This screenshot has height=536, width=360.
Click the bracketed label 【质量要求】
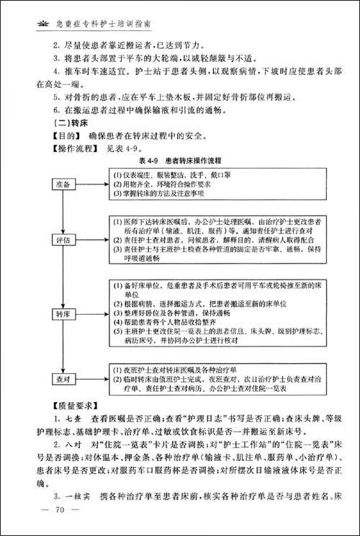(x=58, y=406)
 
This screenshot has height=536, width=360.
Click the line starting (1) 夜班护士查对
(x=173, y=370)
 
